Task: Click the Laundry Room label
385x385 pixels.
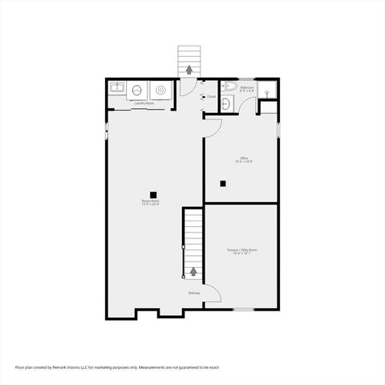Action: (144, 103)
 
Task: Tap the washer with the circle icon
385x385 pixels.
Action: (137, 91)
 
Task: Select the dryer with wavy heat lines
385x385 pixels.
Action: (160, 91)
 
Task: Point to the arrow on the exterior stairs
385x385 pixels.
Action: (189, 69)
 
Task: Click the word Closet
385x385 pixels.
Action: (212, 97)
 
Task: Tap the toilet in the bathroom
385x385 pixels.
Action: (228, 87)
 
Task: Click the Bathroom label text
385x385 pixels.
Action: (247, 87)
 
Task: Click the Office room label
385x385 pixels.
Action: (244, 159)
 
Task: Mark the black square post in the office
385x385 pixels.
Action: (224, 184)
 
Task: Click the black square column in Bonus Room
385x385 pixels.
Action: (151, 192)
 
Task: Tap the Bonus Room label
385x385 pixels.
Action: (151, 201)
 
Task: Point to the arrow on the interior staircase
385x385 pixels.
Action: (193, 271)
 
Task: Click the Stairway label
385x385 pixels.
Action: (194, 293)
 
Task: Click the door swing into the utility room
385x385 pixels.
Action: (213, 294)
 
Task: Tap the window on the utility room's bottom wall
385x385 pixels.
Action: (244, 309)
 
